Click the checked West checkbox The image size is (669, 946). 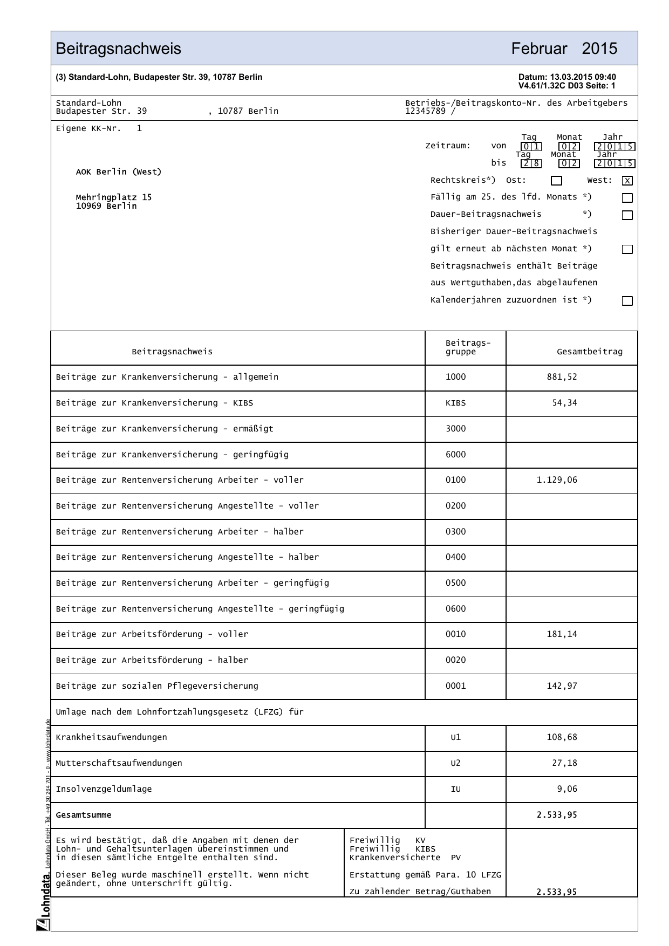point(627,181)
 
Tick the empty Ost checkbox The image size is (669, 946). point(556,181)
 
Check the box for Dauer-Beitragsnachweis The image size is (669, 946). point(627,215)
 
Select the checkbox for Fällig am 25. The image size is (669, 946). point(627,198)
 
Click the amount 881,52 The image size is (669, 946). point(562,377)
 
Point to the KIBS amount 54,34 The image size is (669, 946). point(564,403)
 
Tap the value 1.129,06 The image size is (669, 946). point(556,480)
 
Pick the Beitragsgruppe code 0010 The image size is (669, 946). point(455,634)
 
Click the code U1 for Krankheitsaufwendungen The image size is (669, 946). point(455,737)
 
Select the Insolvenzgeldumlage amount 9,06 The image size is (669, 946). point(567,789)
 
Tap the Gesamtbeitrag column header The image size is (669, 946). point(589,352)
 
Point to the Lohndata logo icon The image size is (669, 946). point(43,925)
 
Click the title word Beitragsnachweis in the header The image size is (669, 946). point(119,49)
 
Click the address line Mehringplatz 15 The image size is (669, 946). point(114,197)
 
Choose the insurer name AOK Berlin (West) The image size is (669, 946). point(119,172)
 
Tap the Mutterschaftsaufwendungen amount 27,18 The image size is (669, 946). point(564,763)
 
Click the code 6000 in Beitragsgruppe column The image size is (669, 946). point(455,455)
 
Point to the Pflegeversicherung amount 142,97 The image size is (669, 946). point(562,686)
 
